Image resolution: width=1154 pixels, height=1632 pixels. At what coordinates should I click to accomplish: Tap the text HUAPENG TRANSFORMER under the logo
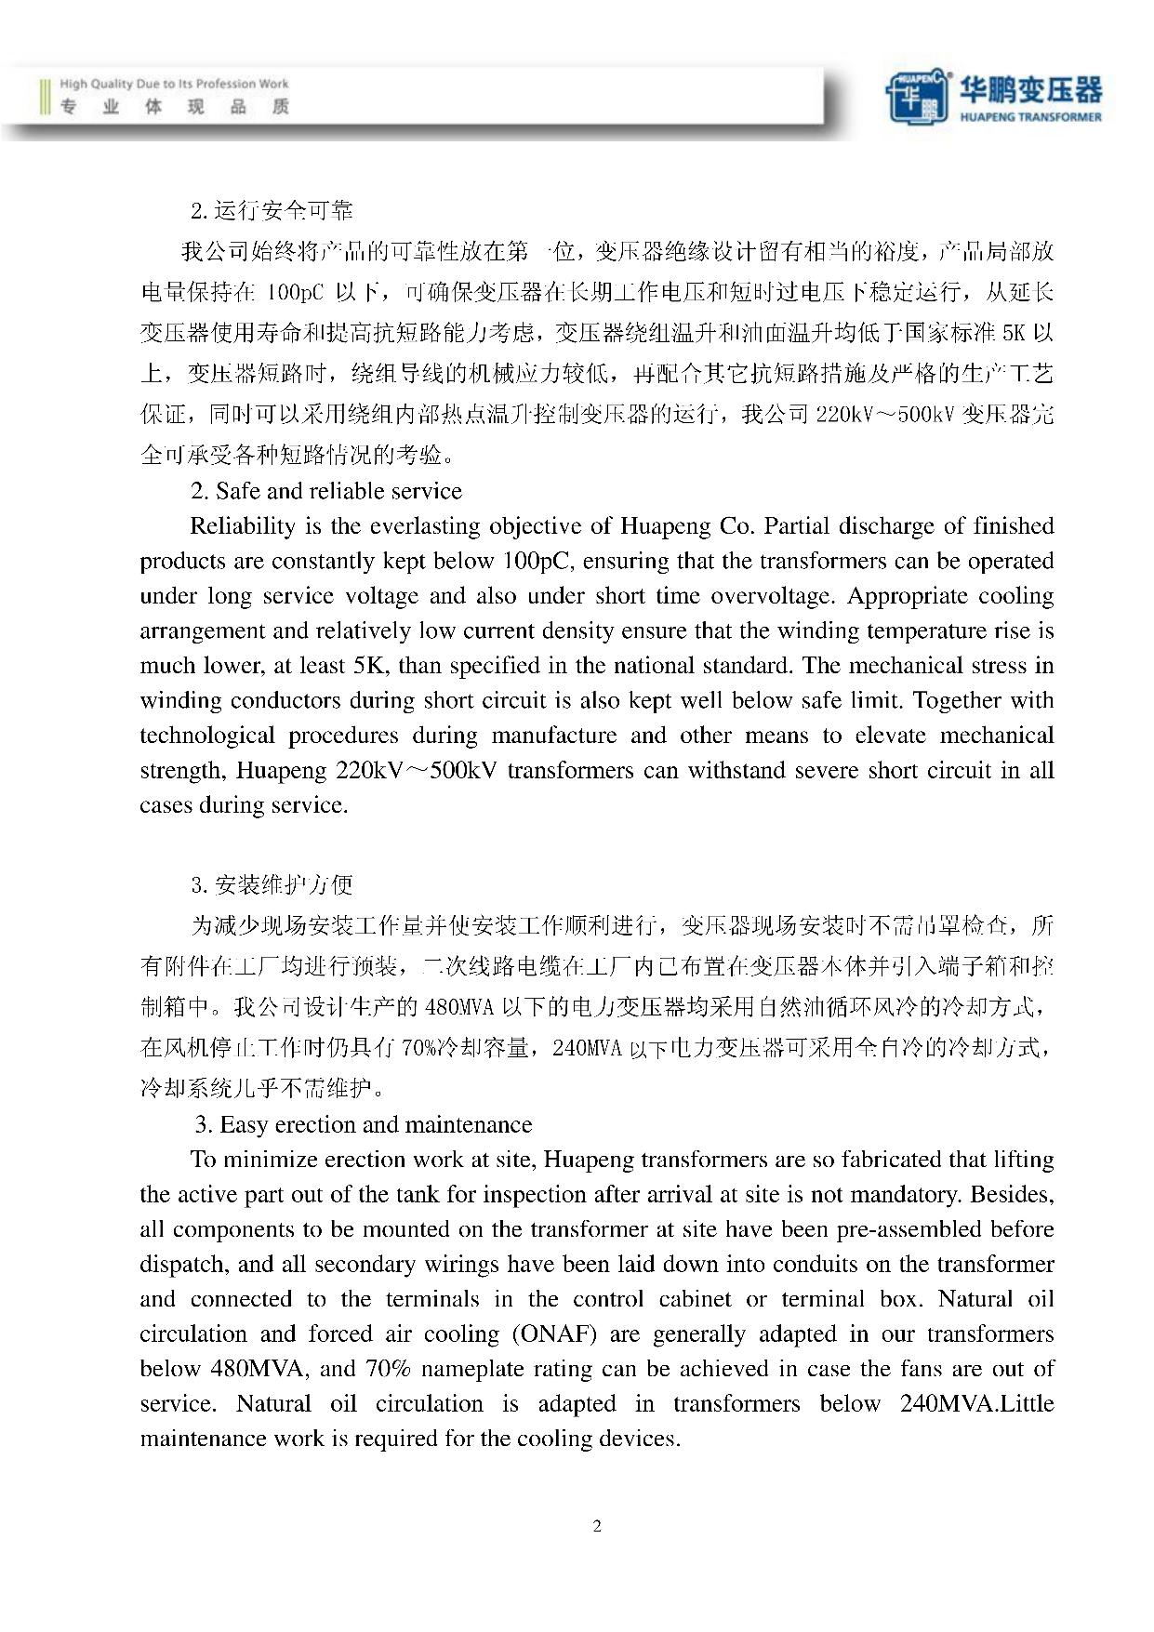[x=1030, y=117]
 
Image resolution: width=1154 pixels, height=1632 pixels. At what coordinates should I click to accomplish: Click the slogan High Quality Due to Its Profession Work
[x=174, y=84]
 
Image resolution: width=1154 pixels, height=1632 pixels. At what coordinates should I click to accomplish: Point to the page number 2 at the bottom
[x=597, y=1525]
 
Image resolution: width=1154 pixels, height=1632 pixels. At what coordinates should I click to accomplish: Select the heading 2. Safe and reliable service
[x=325, y=491]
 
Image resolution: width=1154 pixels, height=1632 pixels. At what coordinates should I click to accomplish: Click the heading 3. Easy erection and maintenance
[x=364, y=1124]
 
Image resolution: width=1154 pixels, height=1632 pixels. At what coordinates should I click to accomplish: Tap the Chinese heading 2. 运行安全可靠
[x=272, y=211]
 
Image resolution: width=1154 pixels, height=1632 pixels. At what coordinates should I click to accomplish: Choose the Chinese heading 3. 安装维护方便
[x=272, y=883]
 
